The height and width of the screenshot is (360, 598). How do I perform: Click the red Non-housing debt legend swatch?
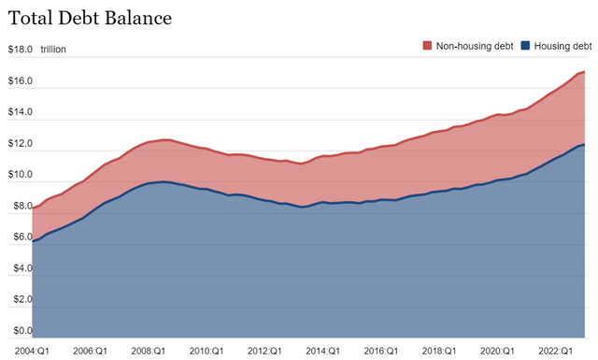pos(427,45)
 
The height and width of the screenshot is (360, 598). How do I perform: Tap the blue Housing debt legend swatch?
pos(525,45)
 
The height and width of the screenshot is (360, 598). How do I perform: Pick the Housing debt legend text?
pos(562,45)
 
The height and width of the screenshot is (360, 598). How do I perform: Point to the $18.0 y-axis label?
pos(20,50)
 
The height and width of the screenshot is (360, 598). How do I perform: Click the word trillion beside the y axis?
pos(54,50)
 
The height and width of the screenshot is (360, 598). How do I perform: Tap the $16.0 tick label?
pos(20,81)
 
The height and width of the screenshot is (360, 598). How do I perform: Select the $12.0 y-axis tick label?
pos(20,144)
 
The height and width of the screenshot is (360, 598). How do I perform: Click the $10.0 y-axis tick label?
pos(20,175)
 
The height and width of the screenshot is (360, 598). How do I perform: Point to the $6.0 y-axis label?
pos(20,238)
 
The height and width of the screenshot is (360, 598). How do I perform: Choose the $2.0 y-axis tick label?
pos(20,299)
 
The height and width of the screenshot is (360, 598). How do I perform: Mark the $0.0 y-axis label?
pos(20,330)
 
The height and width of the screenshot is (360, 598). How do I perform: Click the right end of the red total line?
pos(585,72)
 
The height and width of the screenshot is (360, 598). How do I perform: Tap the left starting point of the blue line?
pos(34,241)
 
